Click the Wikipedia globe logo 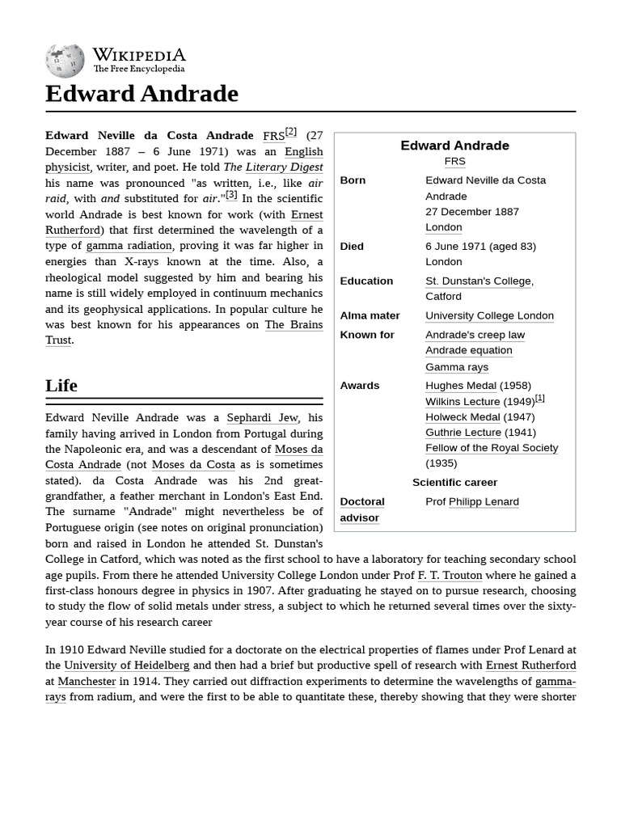pyautogui.click(x=65, y=61)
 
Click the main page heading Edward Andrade pyautogui.click(x=142, y=94)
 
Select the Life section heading pyautogui.click(x=61, y=386)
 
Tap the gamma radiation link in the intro pyautogui.click(x=129, y=246)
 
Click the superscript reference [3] pyautogui.click(x=231, y=195)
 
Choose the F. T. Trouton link pyautogui.click(x=450, y=576)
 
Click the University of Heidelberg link pyautogui.click(x=127, y=665)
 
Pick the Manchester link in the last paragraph pyautogui.click(x=87, y=682)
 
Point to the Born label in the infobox pyautogui.click(x=353, y=180)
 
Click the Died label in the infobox pyautogui.click(x=352, y=246)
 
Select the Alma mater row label pyautogui.click(x=370, y=316)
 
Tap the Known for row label pyautogui.click(x=367, y=335)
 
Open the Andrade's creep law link pyautogui.click(x=475, y=335)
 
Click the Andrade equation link pyautogui.click(x=468, y=350)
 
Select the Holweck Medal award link pyautogui.click(x=463, y=417)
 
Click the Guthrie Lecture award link pyautogui.click(x=463, y=433)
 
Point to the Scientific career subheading pyautogui.click(x=454, y=483)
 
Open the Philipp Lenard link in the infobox pyautogui.click(x=484, y=501)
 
